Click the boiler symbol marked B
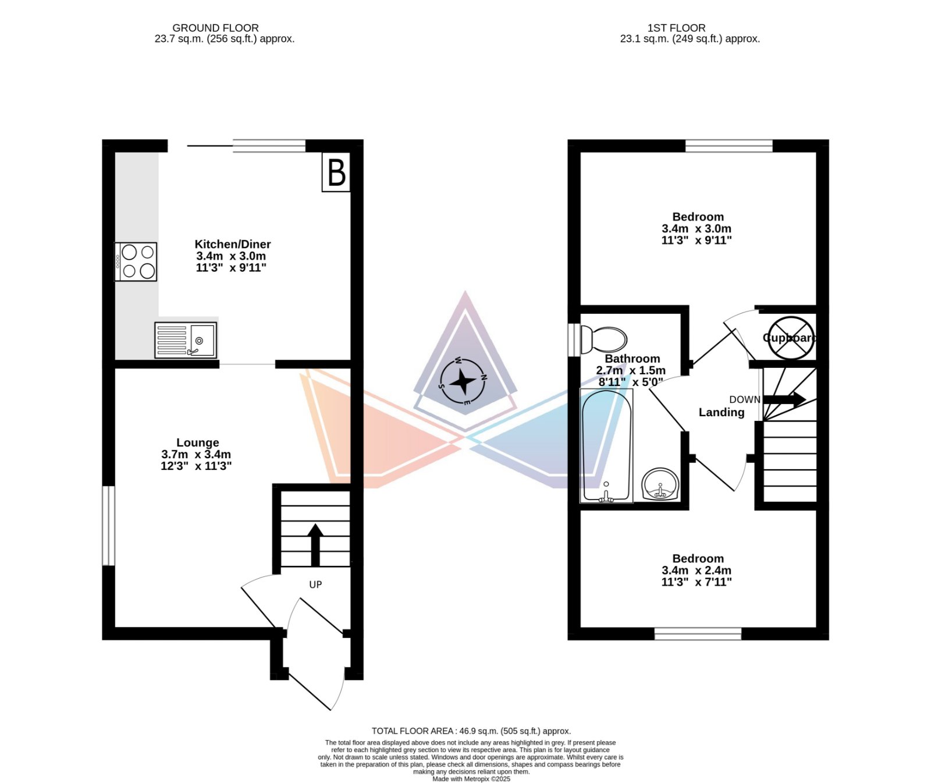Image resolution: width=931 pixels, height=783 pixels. tap(336, 172)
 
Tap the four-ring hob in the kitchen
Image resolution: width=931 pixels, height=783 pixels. tap(136, 261)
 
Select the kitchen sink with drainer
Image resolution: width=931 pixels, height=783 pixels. tap(186, 340)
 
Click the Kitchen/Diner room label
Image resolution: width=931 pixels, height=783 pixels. tap(232, 245)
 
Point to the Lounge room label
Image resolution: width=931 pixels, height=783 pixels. tap(198, 442)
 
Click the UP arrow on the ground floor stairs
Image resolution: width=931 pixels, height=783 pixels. tap(315, 545)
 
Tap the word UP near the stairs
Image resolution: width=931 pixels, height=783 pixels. tap(315, 584)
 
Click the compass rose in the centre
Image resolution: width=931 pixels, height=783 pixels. tap(463, 381)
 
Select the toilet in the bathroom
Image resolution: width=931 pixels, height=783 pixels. tap(604, 339)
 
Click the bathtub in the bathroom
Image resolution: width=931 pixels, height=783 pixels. tap(606, 445)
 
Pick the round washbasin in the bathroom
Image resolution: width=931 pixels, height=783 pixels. tap(661, 484)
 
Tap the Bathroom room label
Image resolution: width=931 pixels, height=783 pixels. tap(632, 359)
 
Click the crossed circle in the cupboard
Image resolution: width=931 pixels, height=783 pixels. tap(790, 338)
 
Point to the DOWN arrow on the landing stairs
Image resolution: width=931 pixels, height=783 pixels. tap(784, 399)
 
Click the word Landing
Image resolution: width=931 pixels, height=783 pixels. tap(722, 413)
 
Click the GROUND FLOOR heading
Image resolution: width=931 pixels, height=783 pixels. tap(215, 28)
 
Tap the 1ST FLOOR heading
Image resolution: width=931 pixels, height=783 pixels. tap(676, 28)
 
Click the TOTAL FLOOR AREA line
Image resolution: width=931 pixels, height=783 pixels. tap(471, 731)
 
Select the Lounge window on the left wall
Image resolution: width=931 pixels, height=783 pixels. tap(109, 526)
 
